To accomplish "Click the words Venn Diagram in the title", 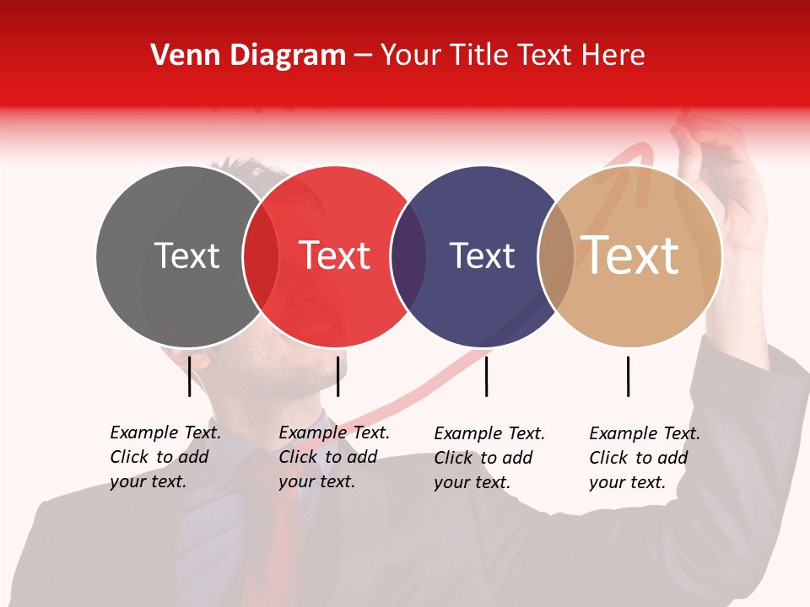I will pos(248,56).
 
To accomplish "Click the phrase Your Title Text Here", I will pos(512,56).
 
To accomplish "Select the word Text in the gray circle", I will pos(186,255).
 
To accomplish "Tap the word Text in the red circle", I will pos(334,255).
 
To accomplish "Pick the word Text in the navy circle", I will pos(482,255).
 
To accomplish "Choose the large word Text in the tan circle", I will pos(630,255).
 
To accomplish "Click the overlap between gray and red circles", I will pos(261,256).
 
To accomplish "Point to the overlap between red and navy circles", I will pos(408,256).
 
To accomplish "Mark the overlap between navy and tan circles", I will pos(556,256).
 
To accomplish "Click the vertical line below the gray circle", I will pos(189,376).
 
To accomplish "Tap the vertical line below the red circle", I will pos(337,376).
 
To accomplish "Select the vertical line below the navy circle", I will pos(486,376).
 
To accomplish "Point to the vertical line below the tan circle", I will pos(628,376).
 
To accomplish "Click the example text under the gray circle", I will pos(165,457).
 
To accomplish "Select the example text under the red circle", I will pos(334,457).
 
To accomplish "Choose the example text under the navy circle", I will pos(489,458).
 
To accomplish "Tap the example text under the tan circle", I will pos(645,458).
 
